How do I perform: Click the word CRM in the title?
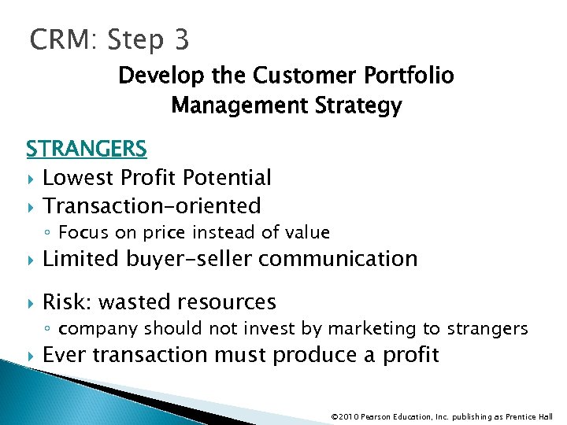pyautogui.click(x=58, y=39)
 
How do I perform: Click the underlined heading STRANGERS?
pyautogui.click(x=86, y=149)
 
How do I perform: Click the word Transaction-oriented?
pyautogui.click(x=151, y=206)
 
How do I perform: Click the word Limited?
pyautogui.click(x=82, y=258)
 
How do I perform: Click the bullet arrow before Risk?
pyautogui.click(x=30, y=302)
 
